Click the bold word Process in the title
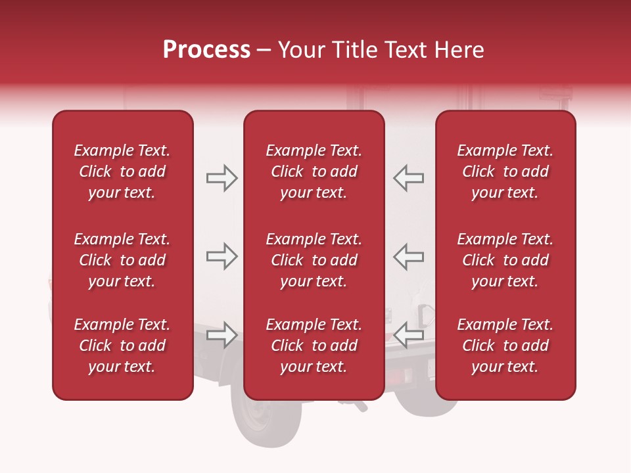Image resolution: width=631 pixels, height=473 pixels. (206, 50)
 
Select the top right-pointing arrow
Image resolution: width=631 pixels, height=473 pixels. (222, 178)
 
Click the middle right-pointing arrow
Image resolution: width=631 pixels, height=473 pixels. (222, 256)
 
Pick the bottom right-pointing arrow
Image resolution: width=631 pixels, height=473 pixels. (222, 335)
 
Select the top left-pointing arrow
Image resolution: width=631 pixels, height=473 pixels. (409, 178)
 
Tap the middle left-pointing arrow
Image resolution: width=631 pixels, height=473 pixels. (409, 256)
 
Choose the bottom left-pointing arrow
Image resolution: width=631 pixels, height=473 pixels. (409, 335)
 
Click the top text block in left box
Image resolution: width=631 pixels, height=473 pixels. (122, 171)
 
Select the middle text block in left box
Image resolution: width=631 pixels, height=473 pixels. (122, 260)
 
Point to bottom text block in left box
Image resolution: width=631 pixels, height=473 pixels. (122, 346)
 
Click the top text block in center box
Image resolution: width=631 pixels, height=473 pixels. (314, 171)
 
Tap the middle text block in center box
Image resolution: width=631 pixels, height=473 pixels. (314, 260)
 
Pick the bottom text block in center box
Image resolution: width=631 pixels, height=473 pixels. (314, 346)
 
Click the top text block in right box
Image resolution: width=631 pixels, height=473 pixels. (505, 171)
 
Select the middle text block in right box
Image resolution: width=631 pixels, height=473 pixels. (505, 260)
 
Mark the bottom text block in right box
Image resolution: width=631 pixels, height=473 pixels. (505, 346)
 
